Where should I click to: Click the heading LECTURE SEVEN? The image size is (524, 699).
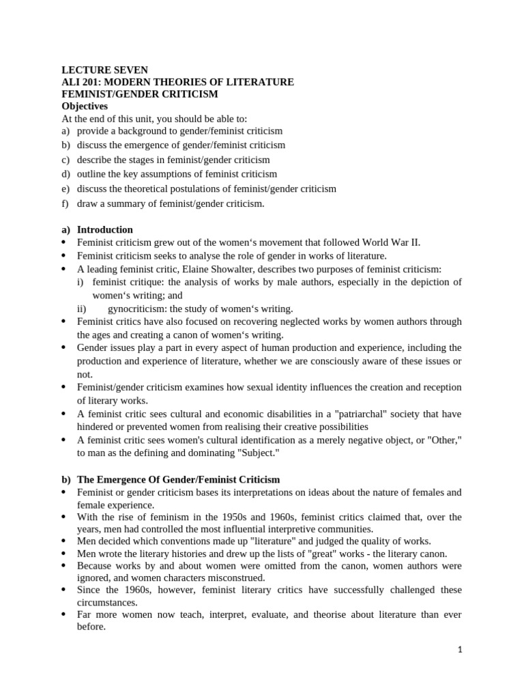point(104,70)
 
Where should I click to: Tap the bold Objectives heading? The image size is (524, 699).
point(85,106)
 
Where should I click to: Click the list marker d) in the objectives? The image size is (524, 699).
point(65,174)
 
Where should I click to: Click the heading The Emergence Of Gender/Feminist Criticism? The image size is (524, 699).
point(178,479)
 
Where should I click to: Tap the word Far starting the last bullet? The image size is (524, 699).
point(85,614)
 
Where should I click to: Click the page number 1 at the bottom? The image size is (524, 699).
point(460,651)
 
